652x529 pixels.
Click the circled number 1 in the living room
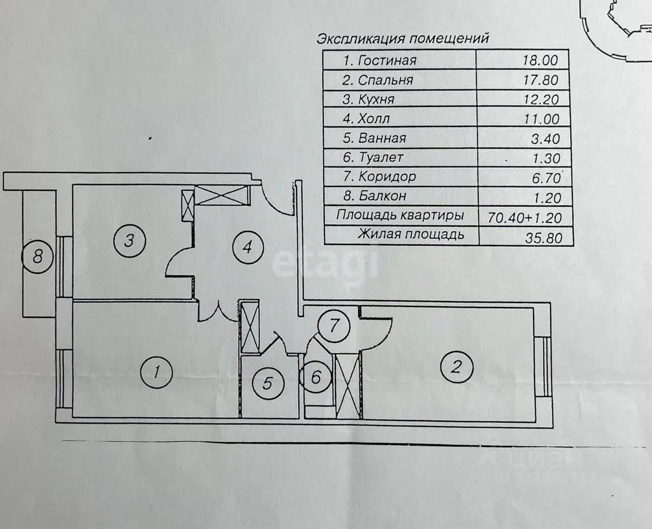156,372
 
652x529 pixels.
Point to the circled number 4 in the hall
247,248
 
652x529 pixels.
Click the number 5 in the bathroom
267,383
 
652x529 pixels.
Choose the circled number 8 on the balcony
37,256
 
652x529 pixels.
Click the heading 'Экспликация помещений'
402,39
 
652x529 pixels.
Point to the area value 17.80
540,80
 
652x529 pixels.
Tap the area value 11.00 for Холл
540,119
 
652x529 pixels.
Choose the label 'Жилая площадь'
411,235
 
